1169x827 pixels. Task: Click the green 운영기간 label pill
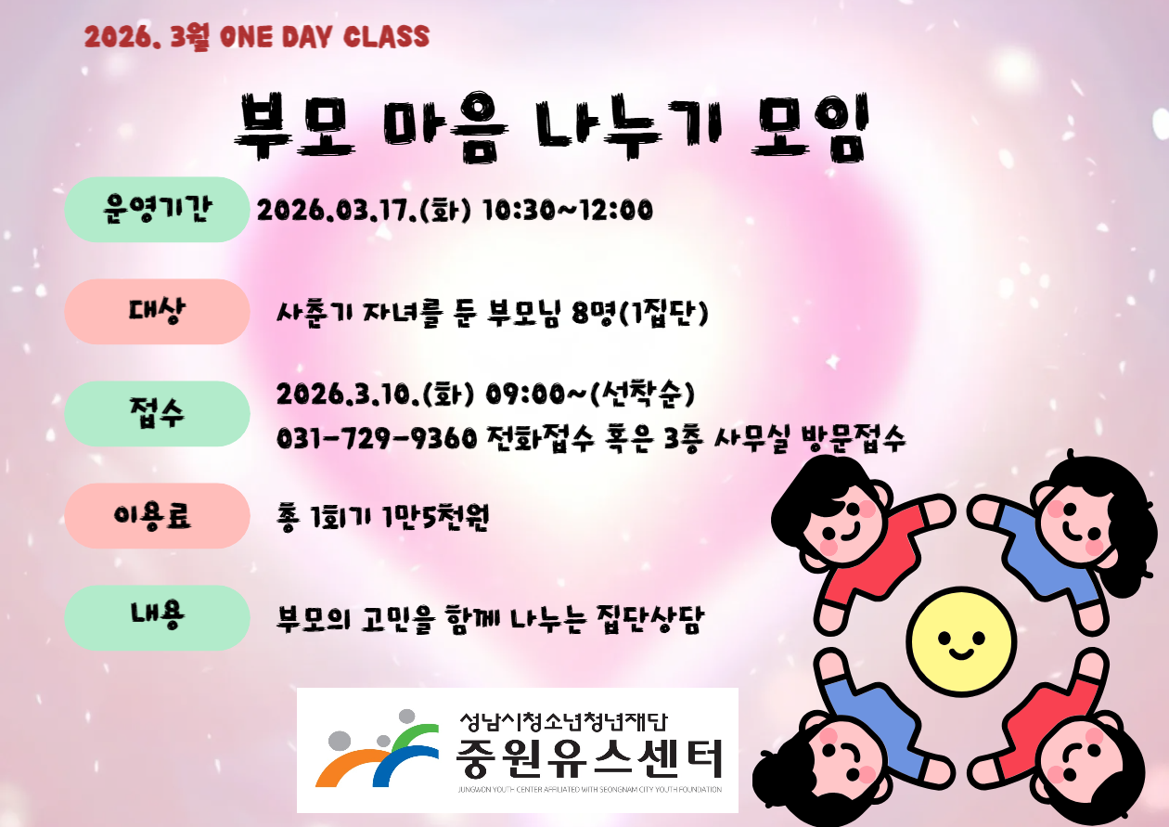click(157, 210)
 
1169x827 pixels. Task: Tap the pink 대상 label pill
click(157, 312)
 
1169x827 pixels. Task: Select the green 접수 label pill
click(157, 414)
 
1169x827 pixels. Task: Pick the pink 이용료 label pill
click(157, 516)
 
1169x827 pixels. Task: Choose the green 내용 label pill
click(157, 617)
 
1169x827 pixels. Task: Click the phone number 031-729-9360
click(377, 438)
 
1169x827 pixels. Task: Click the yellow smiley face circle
click(962, 641)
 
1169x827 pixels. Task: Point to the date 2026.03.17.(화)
click(364, 211)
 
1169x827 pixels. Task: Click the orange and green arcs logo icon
click(377, 750)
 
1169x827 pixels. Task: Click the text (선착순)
click(648, 394)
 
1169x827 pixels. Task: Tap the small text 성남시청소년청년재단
click(563, 721)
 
